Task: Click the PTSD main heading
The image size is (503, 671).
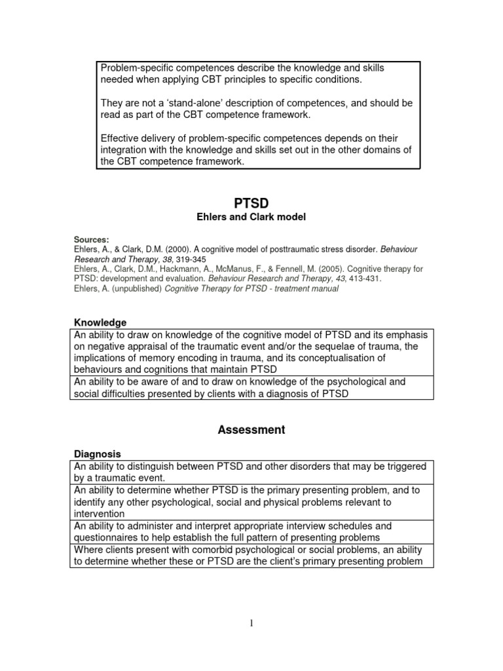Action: pos(251,204)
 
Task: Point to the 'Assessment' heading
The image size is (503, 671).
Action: pos(251,431)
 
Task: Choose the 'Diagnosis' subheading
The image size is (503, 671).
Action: pos(97,454)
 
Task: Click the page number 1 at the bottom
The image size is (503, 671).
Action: pos(251,623)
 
